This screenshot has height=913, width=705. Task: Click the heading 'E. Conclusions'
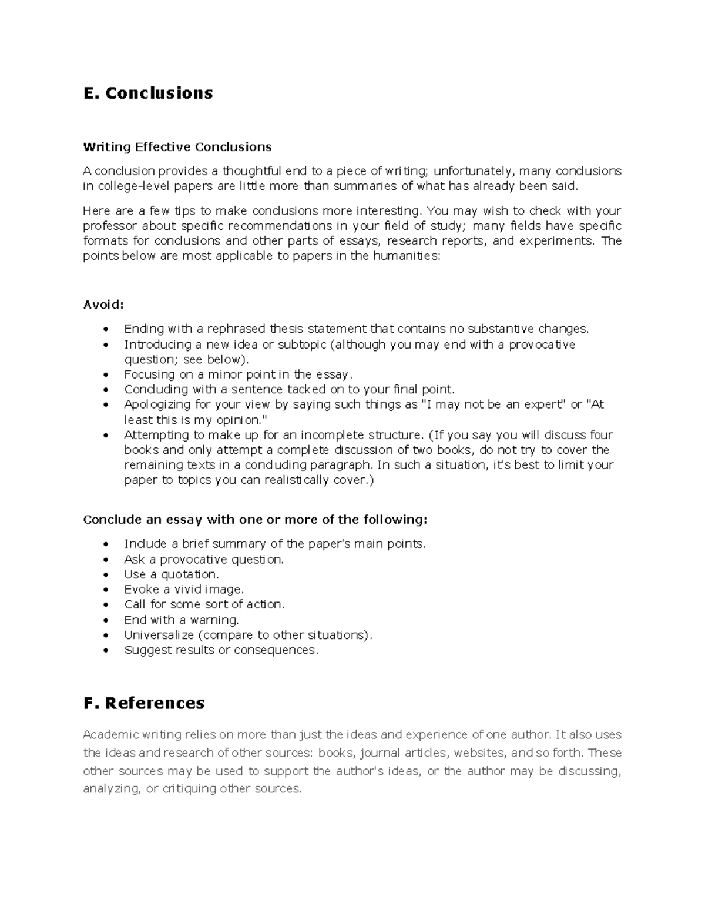(x=148, y=93)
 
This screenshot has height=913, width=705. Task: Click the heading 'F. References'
(x=144, y=703)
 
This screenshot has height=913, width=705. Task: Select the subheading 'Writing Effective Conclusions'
(x=177, y=146)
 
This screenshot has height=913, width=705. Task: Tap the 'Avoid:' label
(x=104, y=305)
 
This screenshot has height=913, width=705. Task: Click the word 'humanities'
(x=406, y=256)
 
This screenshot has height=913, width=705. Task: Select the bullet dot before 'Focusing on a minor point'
(x=106, y=374)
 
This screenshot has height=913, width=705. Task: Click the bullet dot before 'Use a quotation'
(x=106, y=574)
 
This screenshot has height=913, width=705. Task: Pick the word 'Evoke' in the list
(x=141, y=589)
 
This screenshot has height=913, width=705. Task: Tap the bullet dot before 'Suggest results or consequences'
(x=106, y=650)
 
